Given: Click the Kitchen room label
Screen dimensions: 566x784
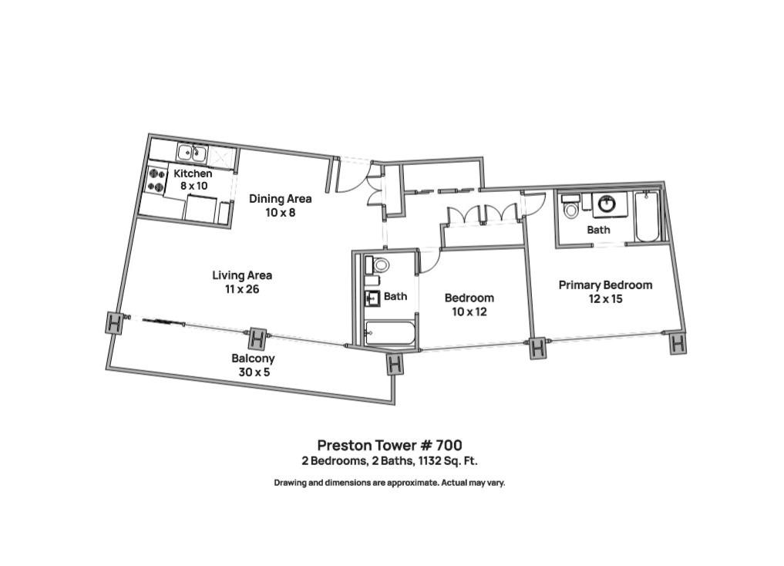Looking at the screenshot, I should (192, 174).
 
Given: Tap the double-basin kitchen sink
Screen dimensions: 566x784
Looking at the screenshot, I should (192, 151).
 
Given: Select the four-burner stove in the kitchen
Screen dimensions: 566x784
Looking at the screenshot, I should (156, 180).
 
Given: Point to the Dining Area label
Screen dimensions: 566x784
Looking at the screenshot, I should (280, 198).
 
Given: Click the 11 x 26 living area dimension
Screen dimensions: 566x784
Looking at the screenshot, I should (242, 289).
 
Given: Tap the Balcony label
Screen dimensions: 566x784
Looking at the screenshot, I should (253, 359).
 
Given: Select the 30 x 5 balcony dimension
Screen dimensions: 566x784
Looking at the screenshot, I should (253, 372).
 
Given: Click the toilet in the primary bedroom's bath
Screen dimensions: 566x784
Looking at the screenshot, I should (570, 208).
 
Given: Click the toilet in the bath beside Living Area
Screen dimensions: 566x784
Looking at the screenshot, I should (379, 265).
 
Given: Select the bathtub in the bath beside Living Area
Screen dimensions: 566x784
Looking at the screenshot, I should (390, 333).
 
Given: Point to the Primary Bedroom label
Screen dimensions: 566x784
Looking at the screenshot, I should (605, 285).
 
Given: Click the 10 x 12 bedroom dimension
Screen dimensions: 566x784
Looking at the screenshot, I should (469, 312).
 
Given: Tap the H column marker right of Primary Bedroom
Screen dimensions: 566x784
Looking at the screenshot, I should (677, 343).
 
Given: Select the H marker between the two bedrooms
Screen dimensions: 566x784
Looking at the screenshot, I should (537, 349).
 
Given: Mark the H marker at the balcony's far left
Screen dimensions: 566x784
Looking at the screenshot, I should (114, 323).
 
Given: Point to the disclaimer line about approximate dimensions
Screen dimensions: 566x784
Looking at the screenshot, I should (389, 483).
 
